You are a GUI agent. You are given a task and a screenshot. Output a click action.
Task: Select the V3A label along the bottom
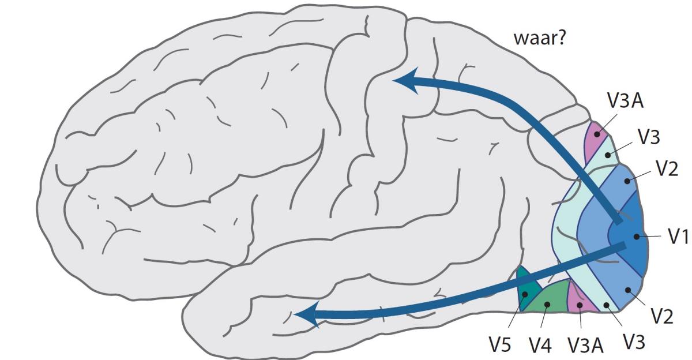click(x=585, y=345)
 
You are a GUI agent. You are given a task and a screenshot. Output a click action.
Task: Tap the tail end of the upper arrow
click(x=619, y=222)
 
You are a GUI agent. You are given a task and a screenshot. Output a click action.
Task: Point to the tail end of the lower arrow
click(x=625, y=247)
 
